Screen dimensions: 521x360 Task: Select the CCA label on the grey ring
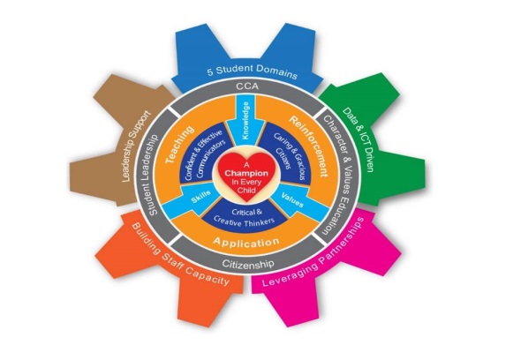tap(247, 86)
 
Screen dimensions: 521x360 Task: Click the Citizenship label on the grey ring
tap(248, 264)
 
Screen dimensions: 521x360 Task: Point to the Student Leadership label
tap(153, 175)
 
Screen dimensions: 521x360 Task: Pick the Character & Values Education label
tap(339, 176)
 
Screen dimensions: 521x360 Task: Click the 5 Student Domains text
tap(253, 71)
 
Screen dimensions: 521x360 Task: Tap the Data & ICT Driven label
tap(359, 139)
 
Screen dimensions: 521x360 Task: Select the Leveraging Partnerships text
tap(313, 253)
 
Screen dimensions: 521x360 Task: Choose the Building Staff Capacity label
tap(180, 255)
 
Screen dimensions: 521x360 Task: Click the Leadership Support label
tap(136, 146)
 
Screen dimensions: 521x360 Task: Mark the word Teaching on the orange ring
tap(179, 145)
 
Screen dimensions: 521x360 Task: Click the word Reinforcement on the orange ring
tap(309, 146)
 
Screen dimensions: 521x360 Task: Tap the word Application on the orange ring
tap(245, 242)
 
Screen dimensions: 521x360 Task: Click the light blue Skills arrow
tap(189, 200)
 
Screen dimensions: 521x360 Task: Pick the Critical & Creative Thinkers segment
tap(245, 216)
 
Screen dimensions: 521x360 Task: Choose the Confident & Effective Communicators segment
tap(204, 154)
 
